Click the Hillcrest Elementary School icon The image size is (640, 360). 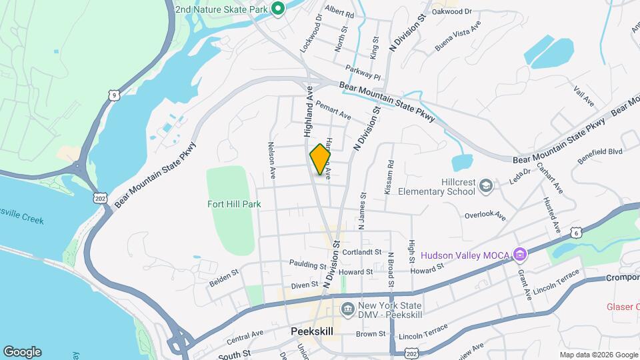pos(487,185)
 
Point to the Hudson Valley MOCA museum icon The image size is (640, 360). pos(521,255)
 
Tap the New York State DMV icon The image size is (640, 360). pos(347,309)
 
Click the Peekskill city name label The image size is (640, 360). pos(312,331)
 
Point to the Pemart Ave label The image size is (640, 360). pos(334,111)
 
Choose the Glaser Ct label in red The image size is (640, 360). pos(623,307)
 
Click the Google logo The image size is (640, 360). pos(22,352)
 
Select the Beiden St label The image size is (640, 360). pos(224,273)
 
